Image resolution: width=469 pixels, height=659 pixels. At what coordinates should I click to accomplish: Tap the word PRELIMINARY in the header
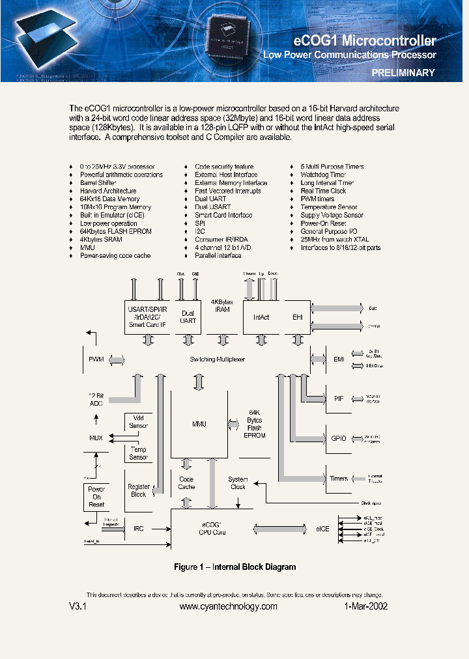click(403, 73)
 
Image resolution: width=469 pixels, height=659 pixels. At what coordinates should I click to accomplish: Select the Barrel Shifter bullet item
click(98, 183)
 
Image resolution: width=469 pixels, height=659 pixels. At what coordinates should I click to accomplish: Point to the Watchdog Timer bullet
click(323, 175)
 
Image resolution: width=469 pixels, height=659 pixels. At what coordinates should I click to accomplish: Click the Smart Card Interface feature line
click(223, 216)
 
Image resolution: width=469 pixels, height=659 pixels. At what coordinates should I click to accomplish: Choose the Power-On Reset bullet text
click(322, 223)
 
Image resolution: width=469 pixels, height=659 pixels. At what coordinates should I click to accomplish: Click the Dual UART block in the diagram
click(188, 317)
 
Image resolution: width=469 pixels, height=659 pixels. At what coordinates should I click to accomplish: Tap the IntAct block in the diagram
click(261, 317)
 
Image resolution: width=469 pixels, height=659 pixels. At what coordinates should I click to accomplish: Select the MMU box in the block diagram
click(199, 424)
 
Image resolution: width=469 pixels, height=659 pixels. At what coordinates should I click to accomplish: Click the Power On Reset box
click(96, 497)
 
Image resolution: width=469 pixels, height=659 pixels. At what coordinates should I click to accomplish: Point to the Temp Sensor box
click(138, 453)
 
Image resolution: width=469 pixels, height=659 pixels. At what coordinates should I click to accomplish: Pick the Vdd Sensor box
click(138, 422)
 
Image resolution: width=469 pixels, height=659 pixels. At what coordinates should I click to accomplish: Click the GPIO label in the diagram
click(338, 438)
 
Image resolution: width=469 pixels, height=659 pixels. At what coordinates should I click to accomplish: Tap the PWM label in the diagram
click(96, 359)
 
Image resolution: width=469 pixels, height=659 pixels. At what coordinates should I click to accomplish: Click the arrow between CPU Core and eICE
click(279, 528)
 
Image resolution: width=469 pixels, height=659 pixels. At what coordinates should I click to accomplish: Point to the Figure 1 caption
click(234, 567)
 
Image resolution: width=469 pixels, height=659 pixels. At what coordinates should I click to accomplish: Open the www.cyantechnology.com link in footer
click(228, 606)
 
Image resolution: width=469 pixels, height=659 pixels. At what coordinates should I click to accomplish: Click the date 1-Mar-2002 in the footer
click(366, 606)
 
